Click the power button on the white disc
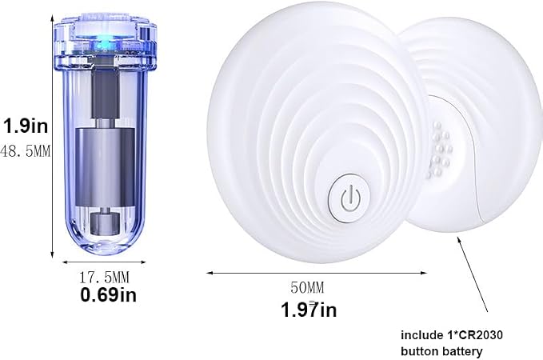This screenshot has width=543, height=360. [x=349, y=198]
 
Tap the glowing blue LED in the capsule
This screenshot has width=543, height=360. [x=103, y=44]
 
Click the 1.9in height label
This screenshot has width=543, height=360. [x=26, y=126]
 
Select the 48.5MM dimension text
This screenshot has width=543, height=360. [x=26, y=151]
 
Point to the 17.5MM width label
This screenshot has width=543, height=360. [x=104, y=277]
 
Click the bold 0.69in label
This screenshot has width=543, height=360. [x=108, y=295]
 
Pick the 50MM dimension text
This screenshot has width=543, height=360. [x=307, y=287]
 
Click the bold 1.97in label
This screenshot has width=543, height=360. [x=308, y=310]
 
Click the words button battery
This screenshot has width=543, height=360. [x=441, y=351]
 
